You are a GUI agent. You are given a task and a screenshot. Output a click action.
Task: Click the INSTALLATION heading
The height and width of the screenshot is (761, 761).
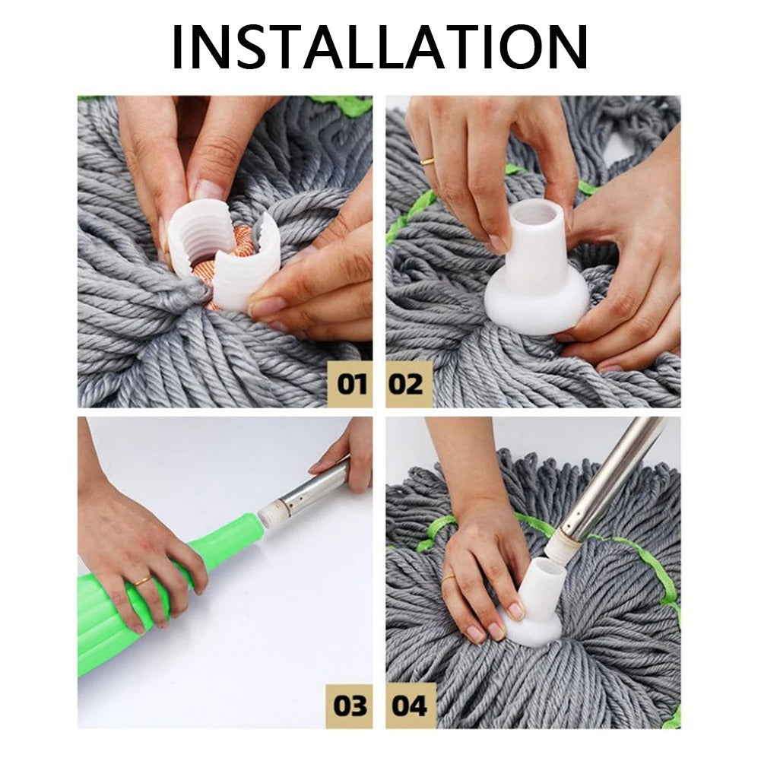[380, 47]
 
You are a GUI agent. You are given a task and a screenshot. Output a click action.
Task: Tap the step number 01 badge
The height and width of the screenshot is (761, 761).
[351, 384]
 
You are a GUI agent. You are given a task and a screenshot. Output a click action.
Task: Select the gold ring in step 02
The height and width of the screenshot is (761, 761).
[428, 161]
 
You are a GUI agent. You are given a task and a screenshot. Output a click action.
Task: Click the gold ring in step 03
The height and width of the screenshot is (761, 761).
[143, 582]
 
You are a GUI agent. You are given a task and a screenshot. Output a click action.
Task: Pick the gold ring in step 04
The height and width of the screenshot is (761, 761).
[448, 578]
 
